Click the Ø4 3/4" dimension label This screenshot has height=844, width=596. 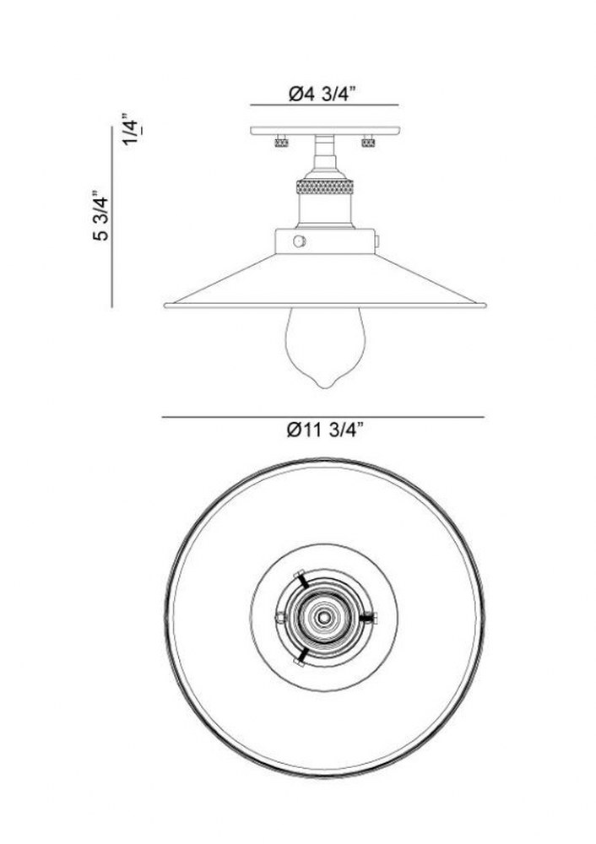(323, 94)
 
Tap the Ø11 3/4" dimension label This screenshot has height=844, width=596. (325, 430)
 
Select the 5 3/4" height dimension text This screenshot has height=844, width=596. (100, 215)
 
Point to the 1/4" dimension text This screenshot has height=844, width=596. (133, 129)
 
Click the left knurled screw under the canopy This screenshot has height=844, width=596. (281, 142)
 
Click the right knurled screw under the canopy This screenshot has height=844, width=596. (368, 142)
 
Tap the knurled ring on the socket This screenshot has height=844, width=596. (325, 187)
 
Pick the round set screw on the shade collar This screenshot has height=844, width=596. (300, 241)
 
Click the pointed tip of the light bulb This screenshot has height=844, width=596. (325, 387)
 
